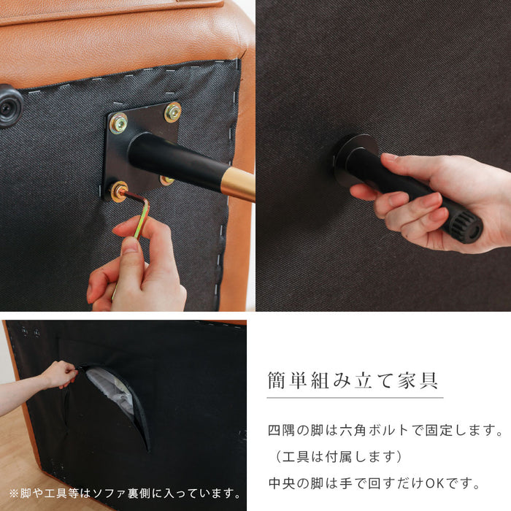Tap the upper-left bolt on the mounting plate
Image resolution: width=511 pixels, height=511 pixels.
(x=118, y=123)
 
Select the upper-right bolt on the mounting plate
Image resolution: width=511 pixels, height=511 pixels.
(x=173, y=112)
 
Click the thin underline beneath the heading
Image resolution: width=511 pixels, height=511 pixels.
(x=354, y=398)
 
